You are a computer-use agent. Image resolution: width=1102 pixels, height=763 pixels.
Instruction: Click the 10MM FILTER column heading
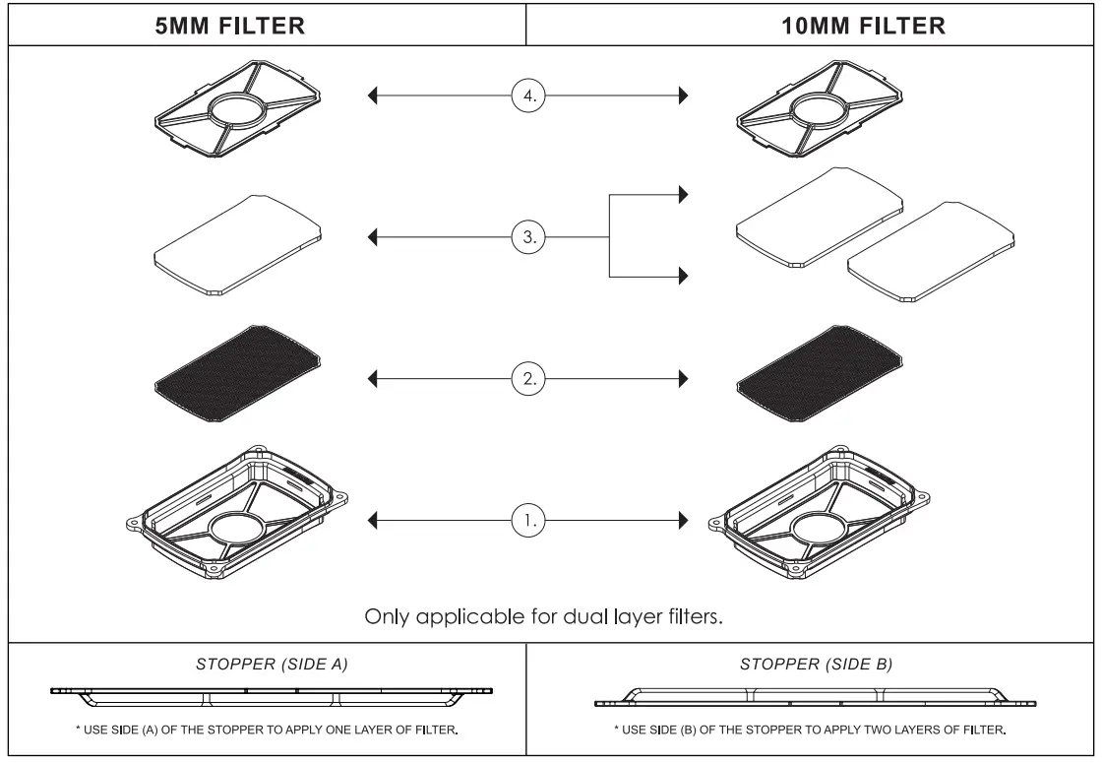pos(863,28)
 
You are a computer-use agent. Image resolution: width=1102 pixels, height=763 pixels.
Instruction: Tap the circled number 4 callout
pos(528,96)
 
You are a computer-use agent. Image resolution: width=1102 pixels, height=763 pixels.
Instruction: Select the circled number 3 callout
pos(528,236)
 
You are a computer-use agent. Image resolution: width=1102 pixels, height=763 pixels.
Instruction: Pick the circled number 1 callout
pos(528,518)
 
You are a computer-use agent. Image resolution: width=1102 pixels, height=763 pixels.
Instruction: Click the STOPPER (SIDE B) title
pos(816,665)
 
